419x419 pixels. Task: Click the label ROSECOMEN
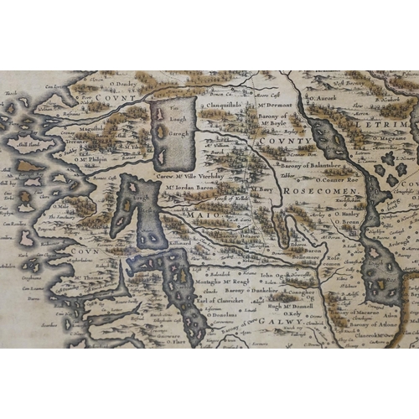(x=321, y=192)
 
